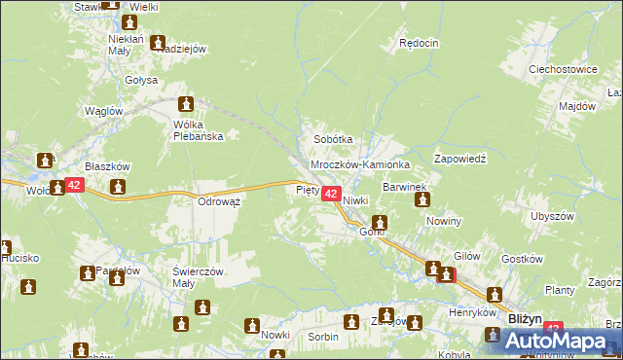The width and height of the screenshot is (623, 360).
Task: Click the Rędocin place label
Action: (x=420, y=43)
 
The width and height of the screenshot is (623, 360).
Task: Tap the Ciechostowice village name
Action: (x=562, y=70)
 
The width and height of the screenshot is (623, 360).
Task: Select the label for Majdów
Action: (x=576, y=106)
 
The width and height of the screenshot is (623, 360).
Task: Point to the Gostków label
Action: (x=520, y=260)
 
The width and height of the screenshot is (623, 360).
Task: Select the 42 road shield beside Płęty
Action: (x=331, y=195)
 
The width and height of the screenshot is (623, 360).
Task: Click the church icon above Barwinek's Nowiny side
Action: (x=422, y=200)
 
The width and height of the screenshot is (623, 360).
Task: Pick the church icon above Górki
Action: (x=379, y=222)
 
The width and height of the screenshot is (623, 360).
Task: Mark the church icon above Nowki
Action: (x=253, y=326)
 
